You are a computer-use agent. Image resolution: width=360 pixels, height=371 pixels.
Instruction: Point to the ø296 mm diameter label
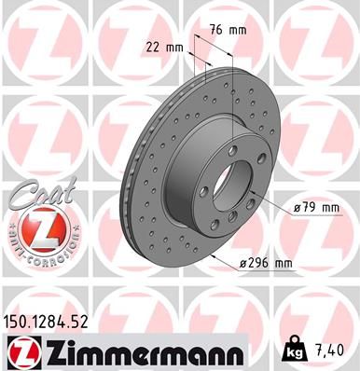264,264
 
